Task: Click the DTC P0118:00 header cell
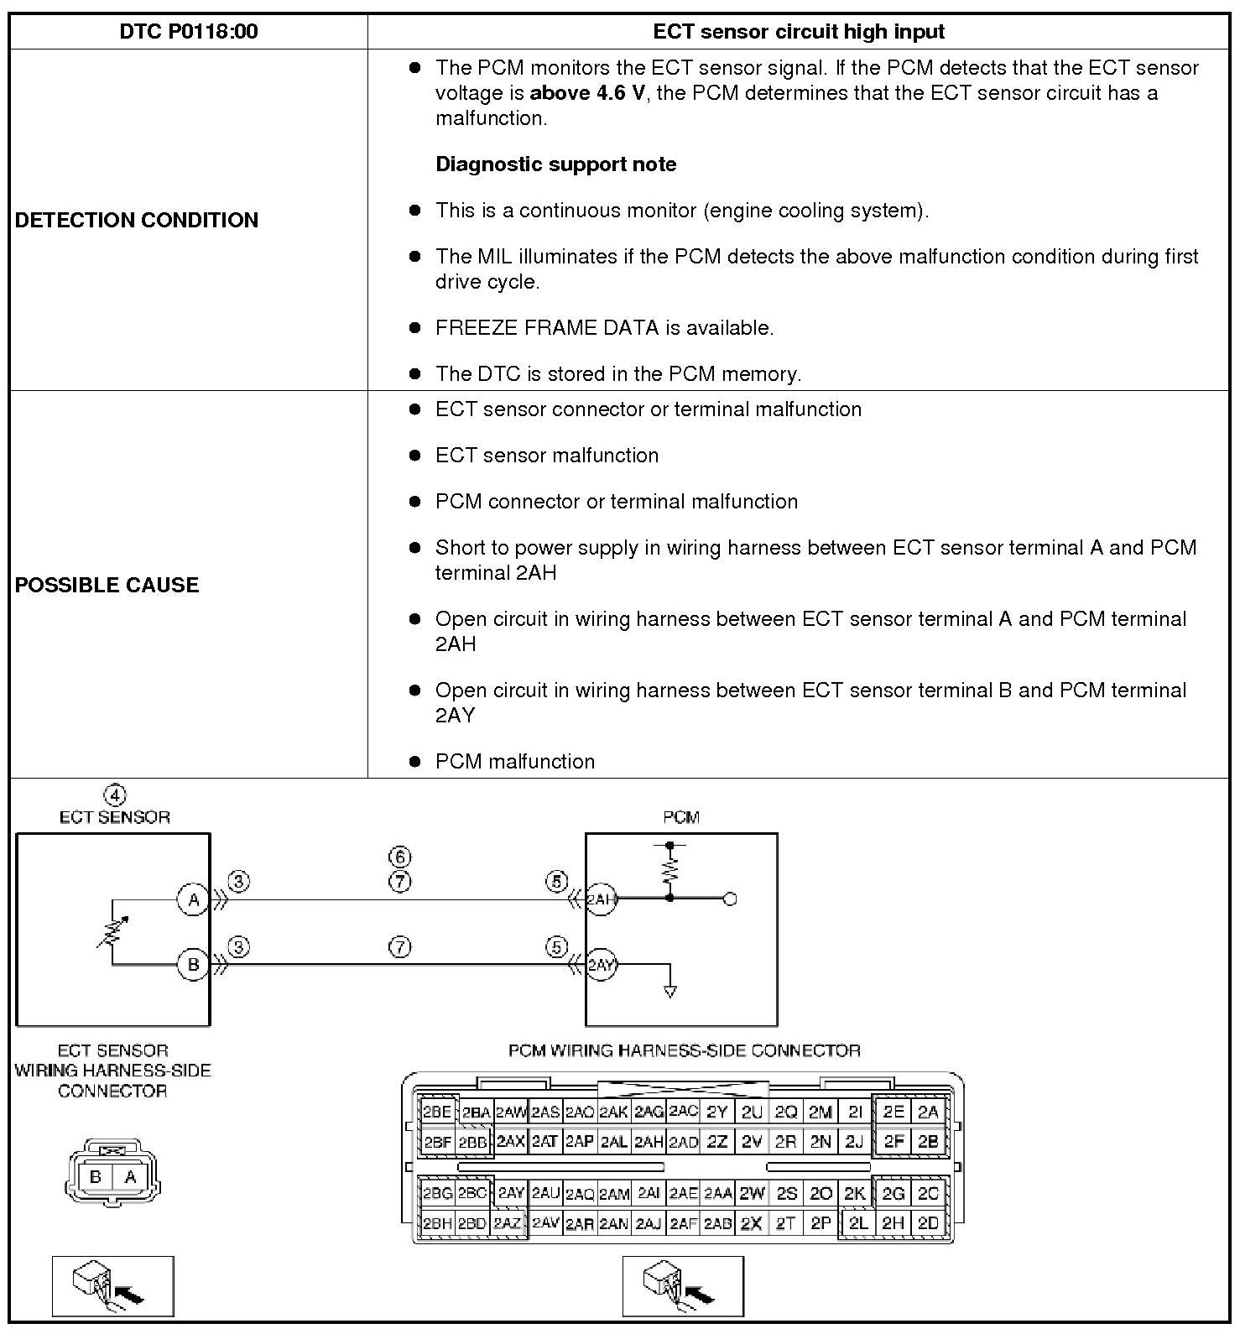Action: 188,32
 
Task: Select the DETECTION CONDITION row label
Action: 137,220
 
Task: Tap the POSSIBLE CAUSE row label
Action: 107,585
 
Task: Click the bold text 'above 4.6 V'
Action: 587,93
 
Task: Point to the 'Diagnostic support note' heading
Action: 555,164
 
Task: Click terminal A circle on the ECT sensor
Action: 193,900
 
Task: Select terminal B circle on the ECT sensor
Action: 193,964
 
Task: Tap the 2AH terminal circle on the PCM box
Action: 601,900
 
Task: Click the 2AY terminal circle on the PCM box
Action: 601,965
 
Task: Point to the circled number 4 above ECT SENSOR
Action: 115,795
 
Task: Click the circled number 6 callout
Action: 400,857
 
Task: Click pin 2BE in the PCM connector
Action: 437,1113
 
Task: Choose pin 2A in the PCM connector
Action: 928,1113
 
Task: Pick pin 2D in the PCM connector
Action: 928,1223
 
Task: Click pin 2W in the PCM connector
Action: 752,1193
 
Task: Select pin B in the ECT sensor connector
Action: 96,1177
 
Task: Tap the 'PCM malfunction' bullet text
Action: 514,762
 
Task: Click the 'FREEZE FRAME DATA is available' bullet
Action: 604,328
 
